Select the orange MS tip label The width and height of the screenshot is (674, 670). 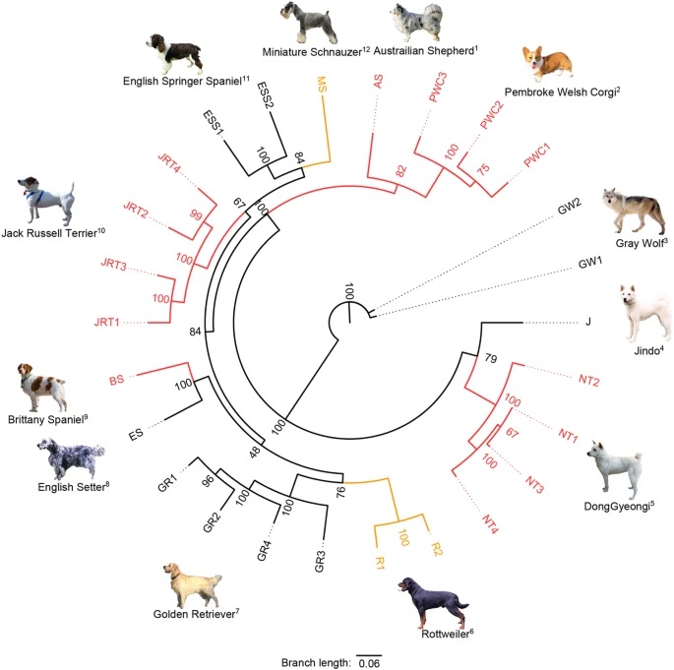pos(322,85)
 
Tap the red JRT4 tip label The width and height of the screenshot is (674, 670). pos(168,162)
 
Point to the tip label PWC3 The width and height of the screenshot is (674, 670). pos(438,88)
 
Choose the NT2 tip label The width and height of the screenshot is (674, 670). pos(589,380)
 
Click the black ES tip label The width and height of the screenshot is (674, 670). pos(136,434)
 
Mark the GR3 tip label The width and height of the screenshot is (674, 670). pos(320,562)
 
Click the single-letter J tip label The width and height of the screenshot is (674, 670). pos(588,322)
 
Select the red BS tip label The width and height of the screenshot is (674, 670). pos(116,380)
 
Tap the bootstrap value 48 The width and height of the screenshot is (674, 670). pos(255,453)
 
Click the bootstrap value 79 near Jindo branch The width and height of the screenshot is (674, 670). pos(491,357)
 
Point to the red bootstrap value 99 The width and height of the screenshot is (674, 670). pos(196,214)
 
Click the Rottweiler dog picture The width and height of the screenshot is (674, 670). pos(432,604)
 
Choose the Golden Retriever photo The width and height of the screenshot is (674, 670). pos(192,585)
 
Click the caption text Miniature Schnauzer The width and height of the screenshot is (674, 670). pos(312,52)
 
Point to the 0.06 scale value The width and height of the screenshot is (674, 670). pos(369,663)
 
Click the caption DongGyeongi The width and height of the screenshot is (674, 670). pos(616,507)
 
